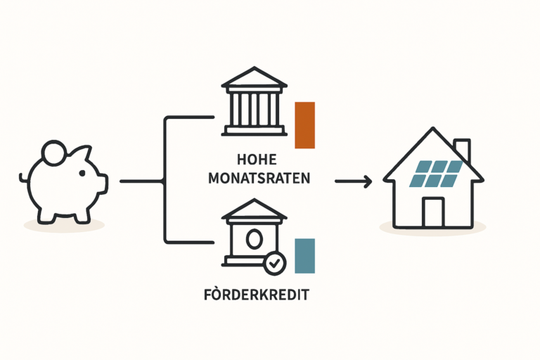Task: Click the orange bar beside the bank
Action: click(x=304, y=125)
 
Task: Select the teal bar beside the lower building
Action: click(x=304, y=256)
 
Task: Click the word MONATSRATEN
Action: click(x=259, y=179)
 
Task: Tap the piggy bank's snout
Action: click(x=103, y=184)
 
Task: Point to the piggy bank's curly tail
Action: click(x=23, y=177)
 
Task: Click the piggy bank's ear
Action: click(x=83, y=153)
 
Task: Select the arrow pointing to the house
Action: click(x=353, y=182)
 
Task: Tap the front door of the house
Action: click(x=434, y=212)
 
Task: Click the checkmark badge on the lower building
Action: click(x=275, y=264)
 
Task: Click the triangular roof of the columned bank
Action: click(x=254, y=77)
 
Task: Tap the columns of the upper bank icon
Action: click(x=254, y=110)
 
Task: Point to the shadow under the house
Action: click(x=432, y=229)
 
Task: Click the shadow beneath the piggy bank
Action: click(x=64, y=225)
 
